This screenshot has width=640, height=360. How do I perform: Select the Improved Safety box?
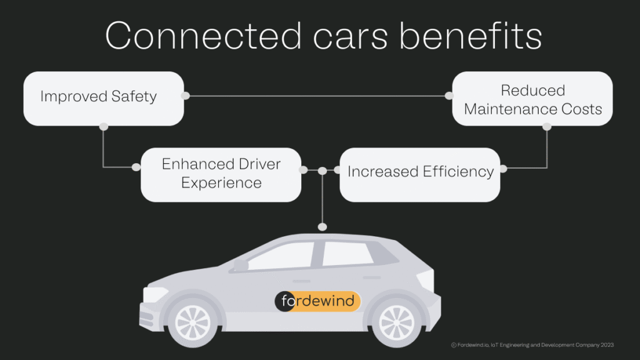(x=103, y=97)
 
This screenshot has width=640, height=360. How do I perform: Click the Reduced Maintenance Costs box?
(x=532, y=99)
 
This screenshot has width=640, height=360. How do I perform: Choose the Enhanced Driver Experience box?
(x=221, y=174)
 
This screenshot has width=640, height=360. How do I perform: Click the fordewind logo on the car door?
(x=317, y=301)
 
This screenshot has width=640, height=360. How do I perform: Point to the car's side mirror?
(x=240, y=265)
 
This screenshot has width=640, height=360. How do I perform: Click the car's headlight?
(x=155, y=294)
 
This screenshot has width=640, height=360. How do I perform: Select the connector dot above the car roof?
(x=322, y=226)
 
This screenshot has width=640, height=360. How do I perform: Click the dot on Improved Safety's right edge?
(x=185, y=96)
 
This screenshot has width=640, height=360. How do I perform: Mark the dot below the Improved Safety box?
(x=104, y=126)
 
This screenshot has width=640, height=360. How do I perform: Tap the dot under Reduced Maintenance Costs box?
(x=547, y=126)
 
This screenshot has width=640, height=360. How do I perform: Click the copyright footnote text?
(x=532, y=344)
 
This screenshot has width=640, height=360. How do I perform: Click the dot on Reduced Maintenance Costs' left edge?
(x=449, y=96)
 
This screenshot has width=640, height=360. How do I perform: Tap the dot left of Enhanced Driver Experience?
(x=136, y=167)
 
